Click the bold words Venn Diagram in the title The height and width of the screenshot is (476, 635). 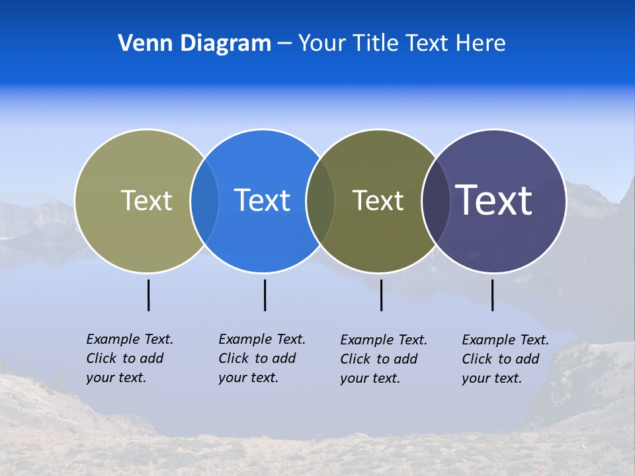(194, 44)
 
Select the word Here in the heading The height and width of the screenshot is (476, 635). (481, 44)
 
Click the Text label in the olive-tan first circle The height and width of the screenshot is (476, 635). (146, 200)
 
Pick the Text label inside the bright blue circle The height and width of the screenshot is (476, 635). (263, 200)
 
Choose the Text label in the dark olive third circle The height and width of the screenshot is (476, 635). (378, 200)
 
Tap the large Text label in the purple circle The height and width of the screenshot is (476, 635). (494, 200)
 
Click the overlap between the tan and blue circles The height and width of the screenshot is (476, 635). (205, 201)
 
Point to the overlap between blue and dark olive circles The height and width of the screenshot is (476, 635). (321, 201)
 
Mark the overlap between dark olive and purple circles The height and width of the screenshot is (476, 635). (436, 201)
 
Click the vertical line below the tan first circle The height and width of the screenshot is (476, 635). (149, 295)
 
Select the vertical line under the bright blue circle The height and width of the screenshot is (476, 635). (265, 295)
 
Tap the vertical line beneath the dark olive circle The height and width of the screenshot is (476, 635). (381, 295)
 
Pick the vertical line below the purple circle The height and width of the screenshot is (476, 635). (492, 295)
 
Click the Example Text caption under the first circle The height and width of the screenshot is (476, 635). (130, 358)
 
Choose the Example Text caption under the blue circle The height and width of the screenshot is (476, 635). (262, 358)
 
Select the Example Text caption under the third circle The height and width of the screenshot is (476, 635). (384, 359)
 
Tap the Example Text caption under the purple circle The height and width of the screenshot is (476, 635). (505, 359)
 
